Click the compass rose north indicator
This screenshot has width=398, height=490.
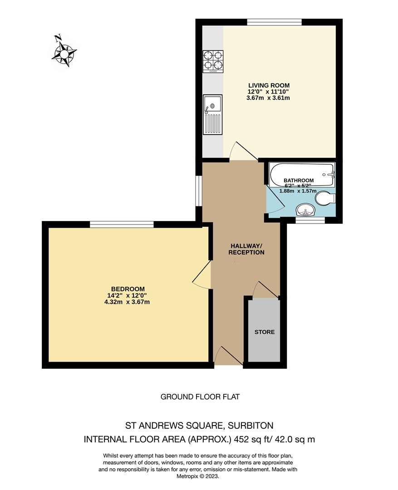point(64,51)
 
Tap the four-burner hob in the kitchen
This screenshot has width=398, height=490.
point(213,61)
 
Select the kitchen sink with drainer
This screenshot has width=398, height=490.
point(212,114)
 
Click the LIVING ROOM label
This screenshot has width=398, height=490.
point(269,85)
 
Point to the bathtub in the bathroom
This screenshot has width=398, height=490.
point(301,175)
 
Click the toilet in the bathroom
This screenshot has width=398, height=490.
point(325,199)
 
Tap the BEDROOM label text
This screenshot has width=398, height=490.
point(128,289)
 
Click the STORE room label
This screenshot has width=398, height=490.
point(264,332)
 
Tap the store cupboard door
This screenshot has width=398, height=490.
point(265,289)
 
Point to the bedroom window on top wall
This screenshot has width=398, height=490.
point(122,224)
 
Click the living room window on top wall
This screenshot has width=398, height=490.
point(275,22)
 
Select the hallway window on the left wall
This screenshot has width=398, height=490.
point(199,191)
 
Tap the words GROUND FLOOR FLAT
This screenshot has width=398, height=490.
point(200,397)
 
